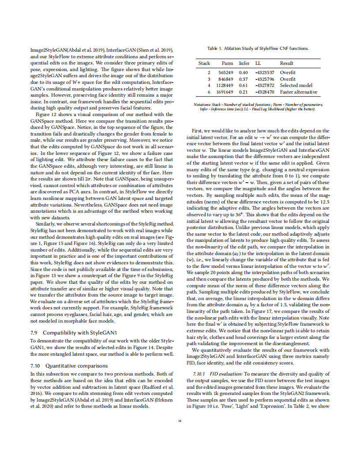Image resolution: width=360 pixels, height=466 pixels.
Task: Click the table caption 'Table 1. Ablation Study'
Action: coord(258,48)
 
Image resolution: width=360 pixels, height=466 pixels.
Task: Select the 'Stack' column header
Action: coord(204,63)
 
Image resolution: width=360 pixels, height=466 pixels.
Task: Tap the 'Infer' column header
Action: coord(244,63)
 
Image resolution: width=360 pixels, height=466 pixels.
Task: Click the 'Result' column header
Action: coord(286,63)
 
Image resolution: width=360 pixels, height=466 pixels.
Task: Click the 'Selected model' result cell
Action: coord(296,85)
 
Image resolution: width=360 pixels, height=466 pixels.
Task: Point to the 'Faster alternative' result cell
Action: coord(299,92)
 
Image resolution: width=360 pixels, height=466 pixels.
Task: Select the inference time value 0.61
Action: coord(244,85)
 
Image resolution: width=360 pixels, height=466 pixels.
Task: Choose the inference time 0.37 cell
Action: coord(244,79)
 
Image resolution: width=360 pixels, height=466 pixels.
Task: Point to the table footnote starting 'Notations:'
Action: coord(258,106)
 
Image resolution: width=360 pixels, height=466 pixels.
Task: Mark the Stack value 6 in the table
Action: coord(209,92)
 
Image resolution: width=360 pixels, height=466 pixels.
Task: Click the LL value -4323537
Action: coord(265,72)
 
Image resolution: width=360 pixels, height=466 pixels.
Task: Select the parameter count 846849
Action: coord(226,79)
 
